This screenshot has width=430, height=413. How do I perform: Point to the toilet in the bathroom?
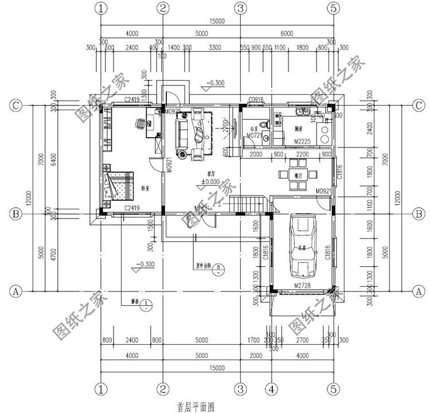click(262, 124)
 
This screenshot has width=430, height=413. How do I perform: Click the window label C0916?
click(256, 100)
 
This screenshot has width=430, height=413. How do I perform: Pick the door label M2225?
click(302, 141)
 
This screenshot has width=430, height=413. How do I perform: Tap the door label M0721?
click(254, 135)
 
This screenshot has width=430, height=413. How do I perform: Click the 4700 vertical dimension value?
click(52, 251)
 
